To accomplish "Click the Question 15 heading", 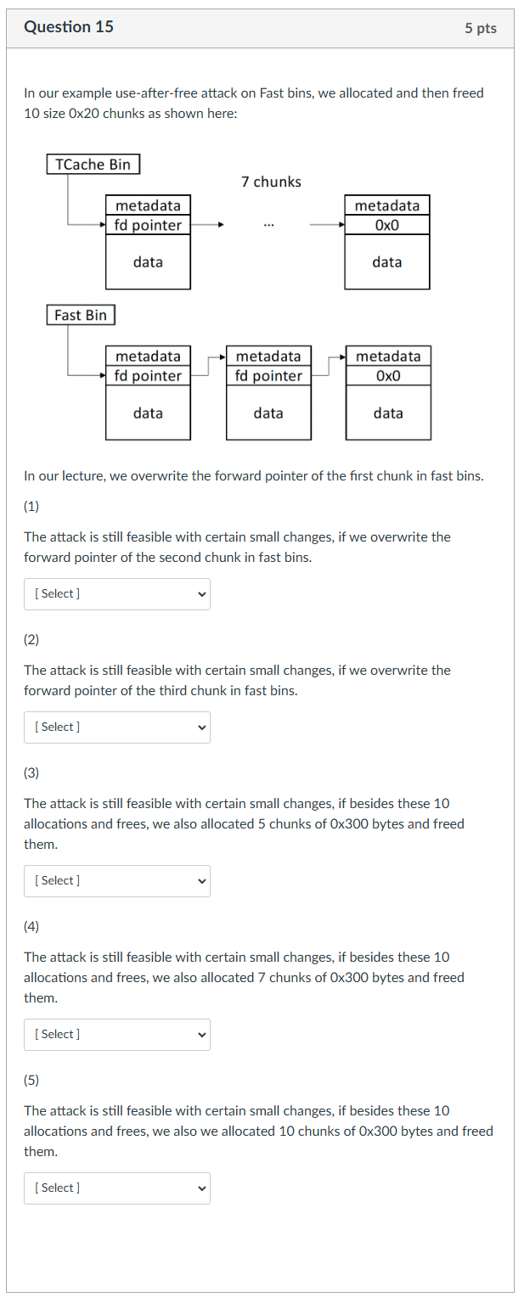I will [69, 27].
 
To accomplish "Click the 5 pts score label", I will [480, 28].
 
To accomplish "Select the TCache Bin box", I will [93, 165].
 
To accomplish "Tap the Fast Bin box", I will [81, 315].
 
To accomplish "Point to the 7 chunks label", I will [271, 182].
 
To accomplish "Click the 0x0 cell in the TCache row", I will [386, 225].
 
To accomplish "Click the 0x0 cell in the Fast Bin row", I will [387, 376].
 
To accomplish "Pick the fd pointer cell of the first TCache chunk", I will [148, 225].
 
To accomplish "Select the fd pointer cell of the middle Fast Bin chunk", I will [268, 376].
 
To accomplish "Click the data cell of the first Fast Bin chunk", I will [148, 413].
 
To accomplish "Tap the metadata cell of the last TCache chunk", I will [386, 205].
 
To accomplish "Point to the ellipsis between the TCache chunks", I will [268, 226].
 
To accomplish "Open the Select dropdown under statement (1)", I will [117, 594].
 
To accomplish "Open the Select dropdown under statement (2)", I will [117, 727].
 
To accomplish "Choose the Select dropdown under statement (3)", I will [117, 881].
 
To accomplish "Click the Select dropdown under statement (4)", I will [117, 1035].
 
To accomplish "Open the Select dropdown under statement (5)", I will [117, 1188].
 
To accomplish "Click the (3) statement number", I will [31, 772].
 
